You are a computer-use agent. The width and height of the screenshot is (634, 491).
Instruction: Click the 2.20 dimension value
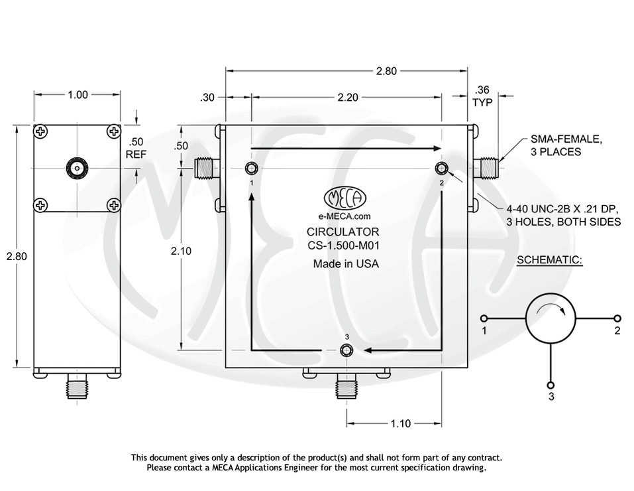click(x=347, y=97)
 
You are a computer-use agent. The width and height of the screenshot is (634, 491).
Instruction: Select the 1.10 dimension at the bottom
click(x=400, y=423)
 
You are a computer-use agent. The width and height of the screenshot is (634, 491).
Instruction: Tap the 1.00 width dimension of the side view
click(x=78, y=95)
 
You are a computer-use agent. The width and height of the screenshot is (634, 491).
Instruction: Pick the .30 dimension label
click(x=207, y=97)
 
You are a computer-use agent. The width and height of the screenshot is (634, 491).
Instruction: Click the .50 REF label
click(x=136, y=148)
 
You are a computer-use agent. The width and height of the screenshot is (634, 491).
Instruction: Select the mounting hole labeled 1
click(x=252, y=167)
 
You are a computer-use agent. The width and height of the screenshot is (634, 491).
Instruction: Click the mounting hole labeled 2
click(x=442, y=167)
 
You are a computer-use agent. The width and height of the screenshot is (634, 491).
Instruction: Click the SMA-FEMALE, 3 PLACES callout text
click(x=566, y=145)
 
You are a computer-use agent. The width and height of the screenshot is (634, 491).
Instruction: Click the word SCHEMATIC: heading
click(x=549, y=260)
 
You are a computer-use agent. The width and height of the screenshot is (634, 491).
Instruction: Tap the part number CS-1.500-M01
click(x=343, y=245)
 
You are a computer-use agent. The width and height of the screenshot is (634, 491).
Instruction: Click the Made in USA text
click(x=346, y=264)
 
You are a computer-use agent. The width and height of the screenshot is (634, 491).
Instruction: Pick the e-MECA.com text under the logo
click(x=344, y=216)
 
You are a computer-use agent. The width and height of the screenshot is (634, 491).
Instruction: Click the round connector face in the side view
click(x=78, y=169)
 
